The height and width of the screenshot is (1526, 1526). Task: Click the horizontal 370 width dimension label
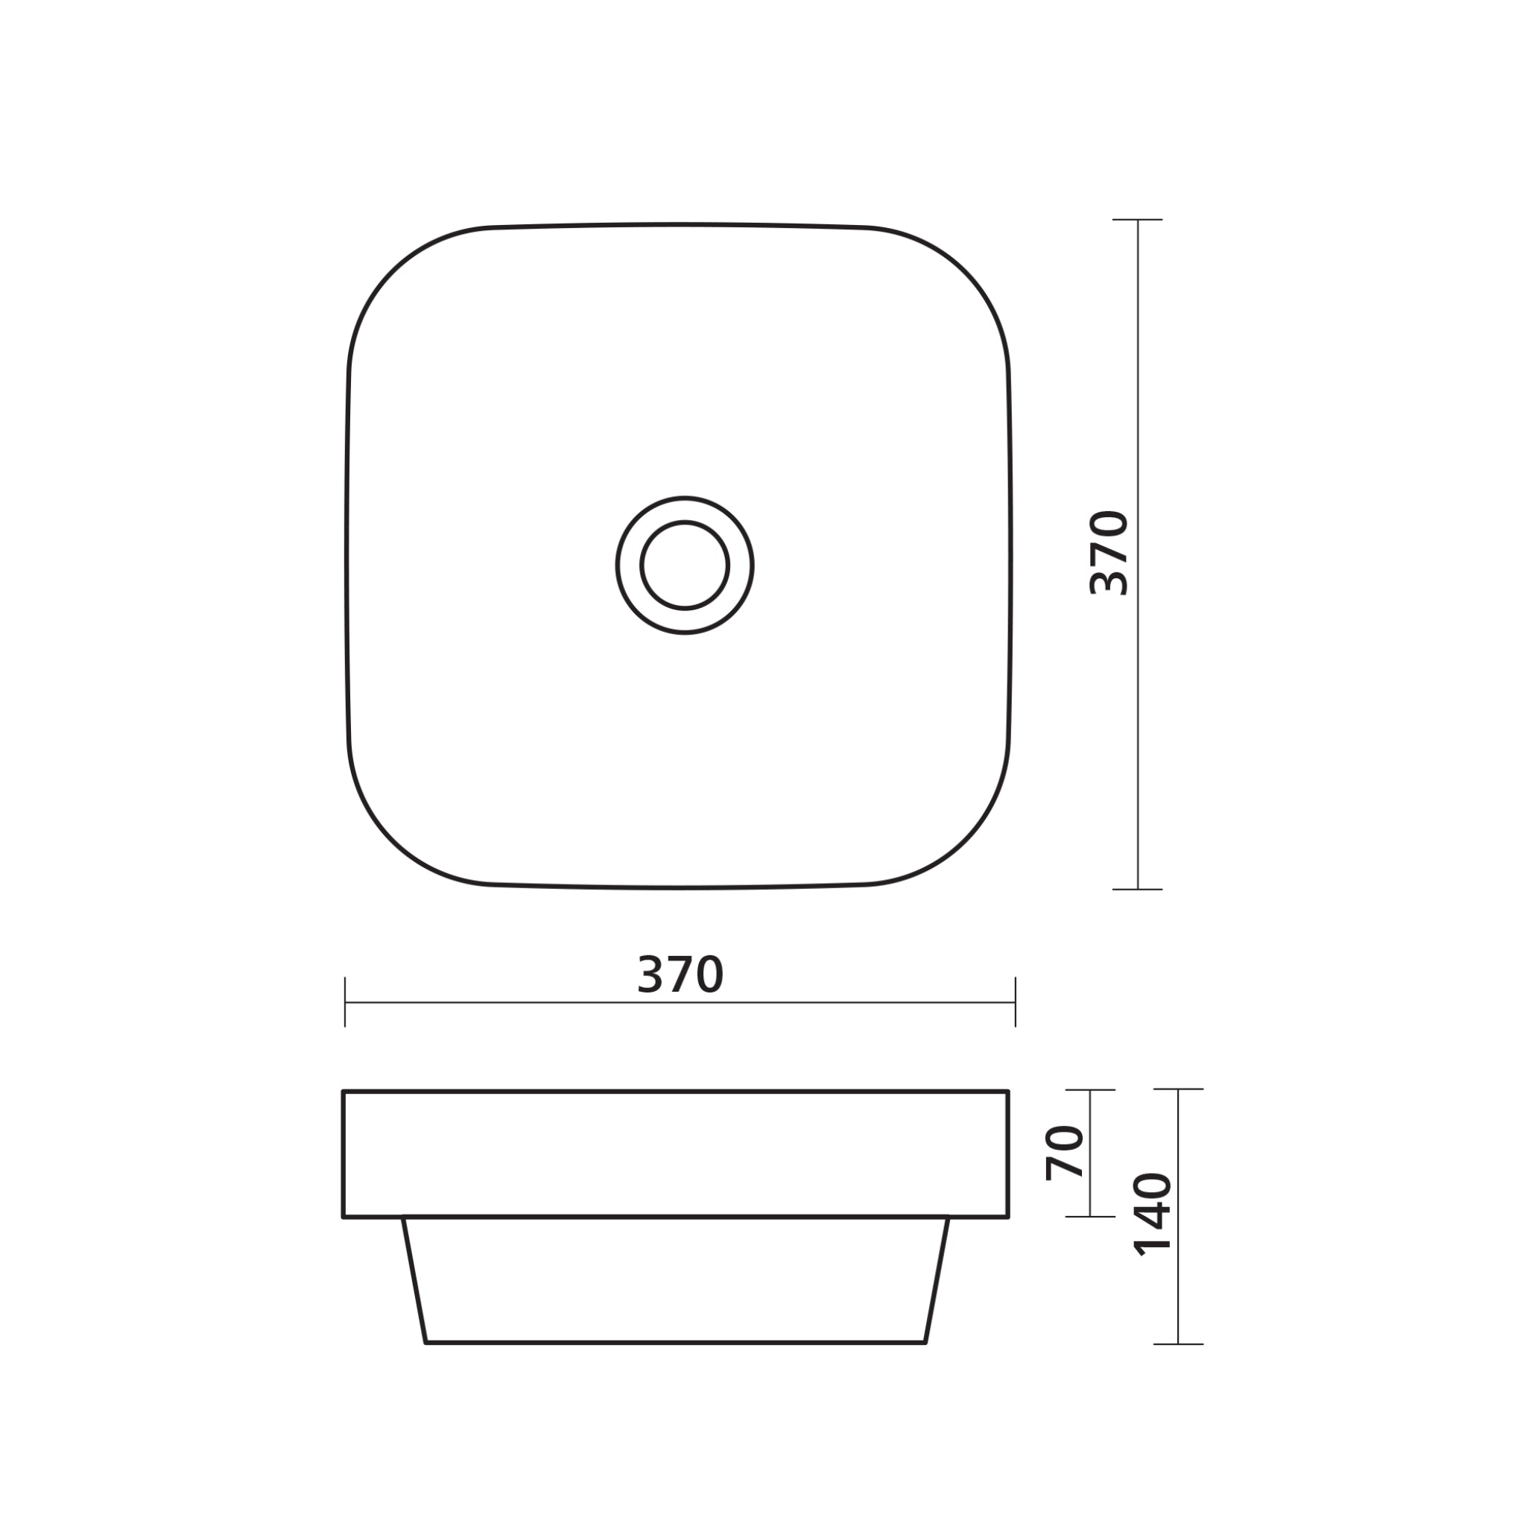(x=680, y=975)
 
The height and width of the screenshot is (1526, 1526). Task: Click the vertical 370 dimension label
(x=1109, y=553)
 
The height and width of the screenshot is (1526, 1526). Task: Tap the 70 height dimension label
(x=1065, y=1153)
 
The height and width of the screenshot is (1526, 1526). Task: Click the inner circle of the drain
(x=684, y=566)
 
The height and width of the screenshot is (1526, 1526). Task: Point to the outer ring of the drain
(x=629, y=566)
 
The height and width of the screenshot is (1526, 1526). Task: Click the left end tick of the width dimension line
(x=345, y=1002)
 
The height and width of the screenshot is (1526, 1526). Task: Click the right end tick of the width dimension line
(x=1015, y=1002)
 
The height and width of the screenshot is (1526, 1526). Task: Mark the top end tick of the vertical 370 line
(x=1137, y=220)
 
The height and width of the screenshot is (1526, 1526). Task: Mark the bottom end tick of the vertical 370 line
(x=1137, y=890)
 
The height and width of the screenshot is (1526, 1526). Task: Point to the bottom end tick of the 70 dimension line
(x=1090, y=1216)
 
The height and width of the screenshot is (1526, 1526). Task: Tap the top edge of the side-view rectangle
(x=675, y=1092)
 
